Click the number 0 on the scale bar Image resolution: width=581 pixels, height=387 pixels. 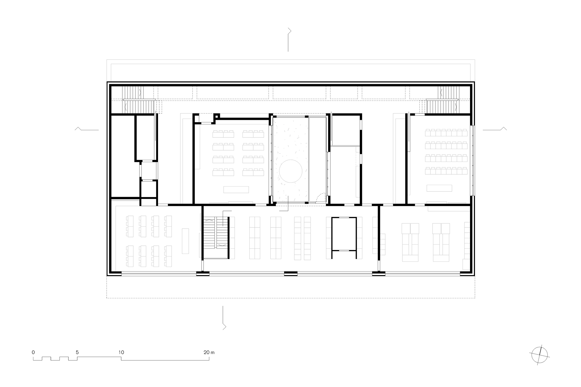coord(33,352)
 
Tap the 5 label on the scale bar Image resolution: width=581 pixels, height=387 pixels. coord(77,352)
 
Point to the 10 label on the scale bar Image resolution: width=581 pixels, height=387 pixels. coord(121,352)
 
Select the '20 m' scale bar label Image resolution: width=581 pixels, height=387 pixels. coord(209,352)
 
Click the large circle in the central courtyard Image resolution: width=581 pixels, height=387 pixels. coord(291,171)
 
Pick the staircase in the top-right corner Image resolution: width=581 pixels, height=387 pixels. coord(444,100)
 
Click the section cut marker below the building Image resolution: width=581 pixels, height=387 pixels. coord(223,318)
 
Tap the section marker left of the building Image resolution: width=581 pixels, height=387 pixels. coord(87,129)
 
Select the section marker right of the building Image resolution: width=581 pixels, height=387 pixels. coord(495,129)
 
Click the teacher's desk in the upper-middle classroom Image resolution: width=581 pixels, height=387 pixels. coord(236,189)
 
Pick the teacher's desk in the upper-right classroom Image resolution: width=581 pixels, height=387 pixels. coord(439,188)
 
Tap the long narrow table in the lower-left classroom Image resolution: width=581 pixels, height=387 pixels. coord(185,241)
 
